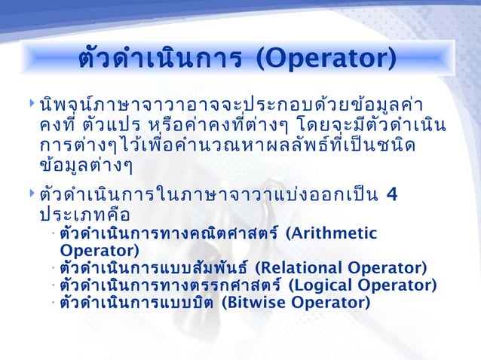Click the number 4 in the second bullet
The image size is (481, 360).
391,197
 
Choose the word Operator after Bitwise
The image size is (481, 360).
330,303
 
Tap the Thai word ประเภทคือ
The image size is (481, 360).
85,216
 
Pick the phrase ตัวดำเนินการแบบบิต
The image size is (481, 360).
136,303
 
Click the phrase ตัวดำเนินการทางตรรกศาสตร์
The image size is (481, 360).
170,285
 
